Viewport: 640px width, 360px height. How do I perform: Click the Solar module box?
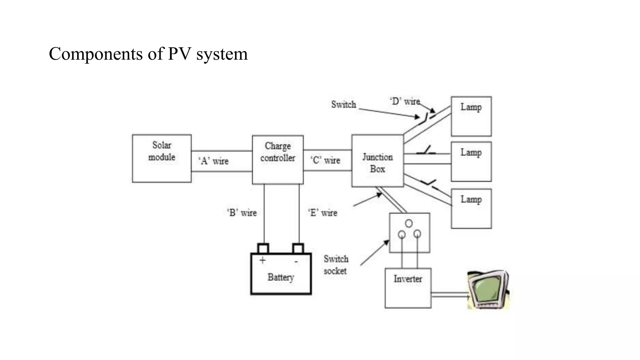click(x=162, y=158)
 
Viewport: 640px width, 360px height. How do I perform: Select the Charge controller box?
click(x=277, y=159)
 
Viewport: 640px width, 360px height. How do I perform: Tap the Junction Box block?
click(x=377, y=161)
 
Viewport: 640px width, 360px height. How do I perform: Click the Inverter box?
click(x=408, y=288)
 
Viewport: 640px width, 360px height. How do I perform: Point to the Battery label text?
click(x=281, y=277)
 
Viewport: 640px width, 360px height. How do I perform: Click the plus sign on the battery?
click(x=262, y=260)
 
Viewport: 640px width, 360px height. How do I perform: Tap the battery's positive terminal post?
click(x=263, y=248)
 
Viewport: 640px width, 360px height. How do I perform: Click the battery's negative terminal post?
click(x=298, y=248)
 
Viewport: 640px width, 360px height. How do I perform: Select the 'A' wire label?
click(x=213, y=161)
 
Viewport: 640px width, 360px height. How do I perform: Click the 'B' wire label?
click(x=242, y=213)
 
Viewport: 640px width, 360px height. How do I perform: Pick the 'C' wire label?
click(x=325, y=160)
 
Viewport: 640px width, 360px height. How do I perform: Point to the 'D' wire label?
click(x=405, y=101)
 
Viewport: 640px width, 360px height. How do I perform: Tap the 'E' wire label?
click(x=323, y=213)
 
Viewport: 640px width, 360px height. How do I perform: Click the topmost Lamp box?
click(x=471, y=116)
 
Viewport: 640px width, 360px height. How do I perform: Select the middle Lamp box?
click(x=471, y=162)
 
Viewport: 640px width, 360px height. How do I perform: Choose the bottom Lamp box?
click(x=471, y=208)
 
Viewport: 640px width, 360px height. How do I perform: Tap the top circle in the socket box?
click(x=409, y=223)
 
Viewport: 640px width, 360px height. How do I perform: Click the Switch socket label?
click(x=336, y=265)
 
